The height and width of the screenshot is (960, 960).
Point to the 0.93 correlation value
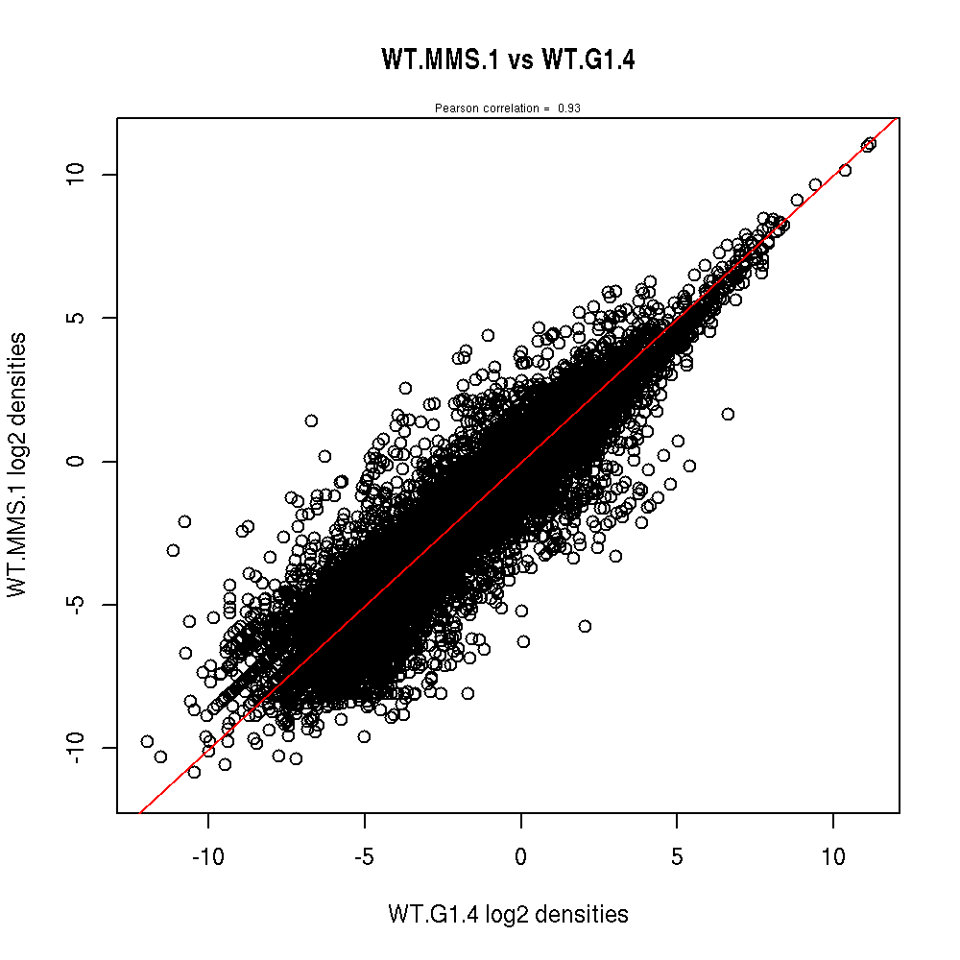(568, 108)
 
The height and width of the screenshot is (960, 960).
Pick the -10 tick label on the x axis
(208, 856)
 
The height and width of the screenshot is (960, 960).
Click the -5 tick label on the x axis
(364, 856)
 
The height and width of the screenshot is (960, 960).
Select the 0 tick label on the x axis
(520, 856)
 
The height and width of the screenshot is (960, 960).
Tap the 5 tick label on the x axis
(677, 856)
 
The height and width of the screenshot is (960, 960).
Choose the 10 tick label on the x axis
(833, 856)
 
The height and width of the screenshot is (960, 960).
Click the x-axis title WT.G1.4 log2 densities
(508, 915)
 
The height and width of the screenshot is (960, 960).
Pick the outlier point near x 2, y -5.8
(585, 626)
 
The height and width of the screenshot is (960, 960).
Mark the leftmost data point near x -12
(147, 741)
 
